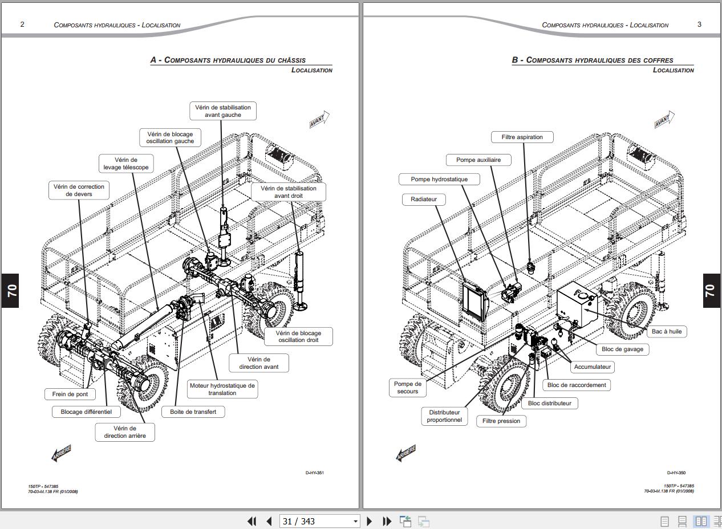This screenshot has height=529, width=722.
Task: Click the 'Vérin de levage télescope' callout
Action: [x=126, y=164]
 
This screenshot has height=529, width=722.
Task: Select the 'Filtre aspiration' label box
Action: [x=522, y=137]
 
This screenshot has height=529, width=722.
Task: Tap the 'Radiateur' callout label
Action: [x=423, y=199]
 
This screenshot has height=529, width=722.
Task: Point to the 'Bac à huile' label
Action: [x=666, y=331]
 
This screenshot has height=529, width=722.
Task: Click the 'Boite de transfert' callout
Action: [x=193, y=412]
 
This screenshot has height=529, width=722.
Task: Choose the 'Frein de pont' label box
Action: [x=70, y=394]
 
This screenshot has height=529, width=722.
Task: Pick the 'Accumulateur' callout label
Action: [x=592, y=367]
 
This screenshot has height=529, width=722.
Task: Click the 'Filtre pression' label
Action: [x=501, y=421]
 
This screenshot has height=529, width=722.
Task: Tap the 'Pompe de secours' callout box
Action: [x=407, y=388]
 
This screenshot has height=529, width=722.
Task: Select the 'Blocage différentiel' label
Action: [x=86, y=412]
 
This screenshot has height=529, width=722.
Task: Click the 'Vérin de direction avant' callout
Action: [x=258, y=363]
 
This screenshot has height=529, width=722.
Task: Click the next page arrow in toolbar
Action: [x=369, y=521]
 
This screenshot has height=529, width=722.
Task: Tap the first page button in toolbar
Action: [x=252, y=521]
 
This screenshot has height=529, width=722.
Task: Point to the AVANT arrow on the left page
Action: [x=319, y=120]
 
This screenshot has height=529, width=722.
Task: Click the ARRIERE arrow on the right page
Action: [x=405, y=453]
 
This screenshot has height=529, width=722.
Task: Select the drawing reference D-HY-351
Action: [x=315, y=473]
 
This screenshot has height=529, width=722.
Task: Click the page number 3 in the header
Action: [x=699, y=25]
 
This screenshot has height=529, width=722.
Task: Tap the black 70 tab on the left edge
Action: [x=10, y=290]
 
